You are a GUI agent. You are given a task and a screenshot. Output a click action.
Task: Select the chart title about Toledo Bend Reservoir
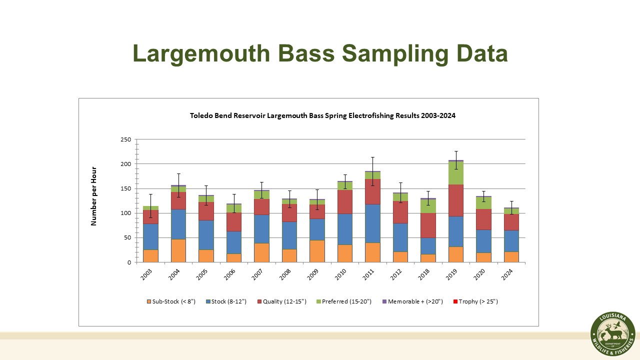[x=322, y=115]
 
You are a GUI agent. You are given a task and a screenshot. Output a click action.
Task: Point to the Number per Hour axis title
[x=93, y=196]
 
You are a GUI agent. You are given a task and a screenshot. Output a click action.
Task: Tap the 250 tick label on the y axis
[x=125, y=139]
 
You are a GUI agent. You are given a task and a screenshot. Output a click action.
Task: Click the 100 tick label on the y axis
[x=125, y=213]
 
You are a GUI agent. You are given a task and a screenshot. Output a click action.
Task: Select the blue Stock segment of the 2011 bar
[x=372, y=223]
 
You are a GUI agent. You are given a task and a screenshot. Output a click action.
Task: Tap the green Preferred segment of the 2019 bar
[x=455, y=173]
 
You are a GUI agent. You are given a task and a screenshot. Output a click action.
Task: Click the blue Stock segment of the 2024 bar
[x=511, y=240]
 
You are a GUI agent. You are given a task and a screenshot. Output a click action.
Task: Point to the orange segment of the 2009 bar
[x=316, y=251]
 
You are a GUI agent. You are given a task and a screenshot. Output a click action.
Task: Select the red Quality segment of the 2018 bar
[x=428, y=225]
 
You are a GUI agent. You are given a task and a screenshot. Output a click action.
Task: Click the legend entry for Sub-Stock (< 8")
[x=171, y=301]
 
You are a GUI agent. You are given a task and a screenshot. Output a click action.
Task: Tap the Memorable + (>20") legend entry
[x=412, y=301]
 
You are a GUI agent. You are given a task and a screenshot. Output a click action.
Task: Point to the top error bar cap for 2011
[x=372, y=157]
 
